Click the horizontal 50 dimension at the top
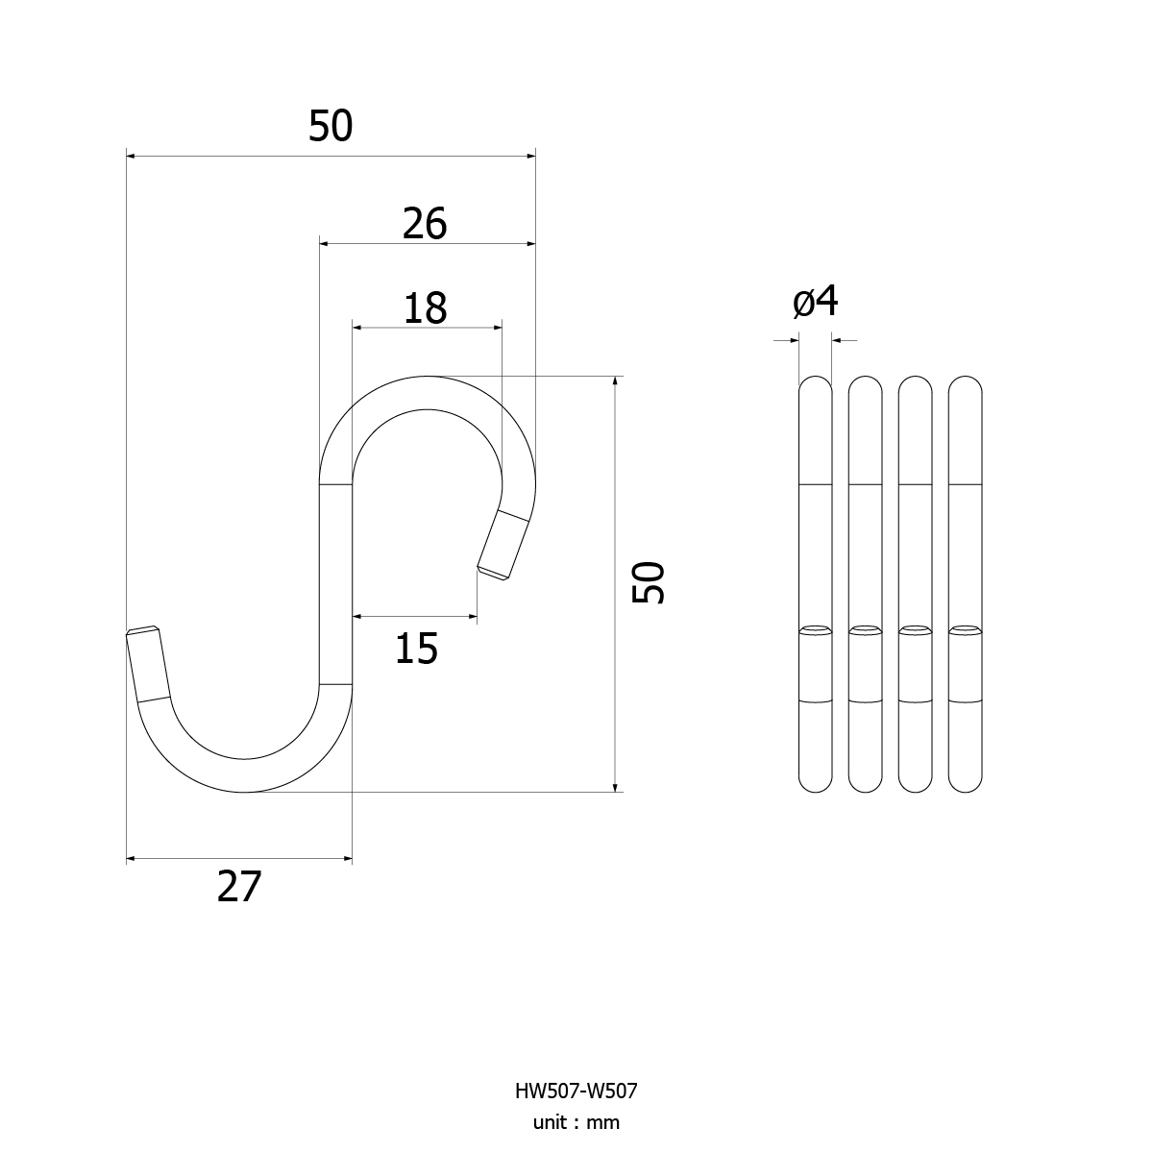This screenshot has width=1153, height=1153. pos(331,126)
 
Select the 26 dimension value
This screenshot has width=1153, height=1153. pos(425,224)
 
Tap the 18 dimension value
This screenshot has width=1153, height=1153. pos(425,308)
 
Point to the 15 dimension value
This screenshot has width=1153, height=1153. pos(416,649)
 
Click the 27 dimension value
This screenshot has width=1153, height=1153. pos(238,887)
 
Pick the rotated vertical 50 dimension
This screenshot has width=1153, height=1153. pos(648,582)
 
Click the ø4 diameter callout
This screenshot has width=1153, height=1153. pos(815,302)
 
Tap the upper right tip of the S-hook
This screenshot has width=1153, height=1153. pos(494,574)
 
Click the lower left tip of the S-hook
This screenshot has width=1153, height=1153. pos(143,630)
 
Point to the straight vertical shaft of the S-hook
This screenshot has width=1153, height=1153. pos(335,583)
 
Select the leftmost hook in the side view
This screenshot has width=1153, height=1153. pos(815,584)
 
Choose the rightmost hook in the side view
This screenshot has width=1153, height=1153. pos(965,584)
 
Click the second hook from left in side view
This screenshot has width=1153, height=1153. pos(865,584)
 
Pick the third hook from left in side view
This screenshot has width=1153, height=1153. pos(915,584)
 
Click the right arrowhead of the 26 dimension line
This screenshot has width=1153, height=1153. pos(530,243)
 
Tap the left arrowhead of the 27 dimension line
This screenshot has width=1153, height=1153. pos(131,859)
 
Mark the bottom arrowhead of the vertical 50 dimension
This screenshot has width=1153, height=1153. pos(615,788)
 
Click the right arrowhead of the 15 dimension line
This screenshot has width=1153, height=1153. pos(472,616)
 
